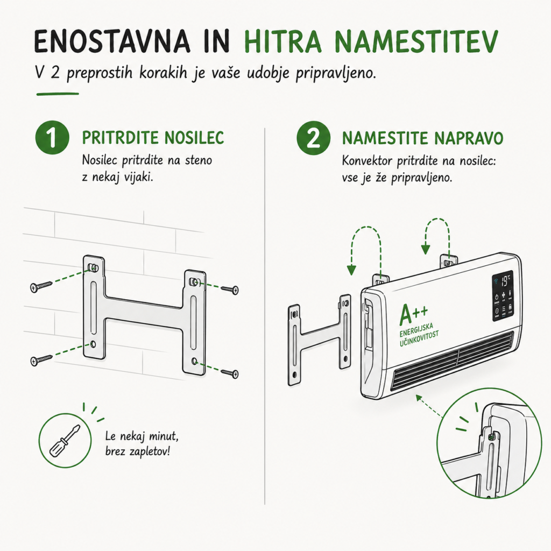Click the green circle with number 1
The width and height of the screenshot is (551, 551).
coord(52,138)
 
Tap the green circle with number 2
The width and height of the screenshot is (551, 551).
coord(314,138)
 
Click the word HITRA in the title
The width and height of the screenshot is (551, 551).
coord(282,41)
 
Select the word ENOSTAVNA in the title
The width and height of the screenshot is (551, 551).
coord(112,41)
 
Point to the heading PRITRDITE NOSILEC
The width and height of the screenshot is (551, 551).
coord(153,137)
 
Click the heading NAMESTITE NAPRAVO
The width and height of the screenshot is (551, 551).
coord(422,138)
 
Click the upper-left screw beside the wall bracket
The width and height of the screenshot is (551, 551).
coord(41,286)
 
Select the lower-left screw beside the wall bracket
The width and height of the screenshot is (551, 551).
coord(41,360)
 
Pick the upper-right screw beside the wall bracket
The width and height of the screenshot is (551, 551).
coord(230,289)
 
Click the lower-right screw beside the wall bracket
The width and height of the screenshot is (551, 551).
coord(230,373)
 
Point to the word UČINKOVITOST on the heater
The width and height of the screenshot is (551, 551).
coord(419,338)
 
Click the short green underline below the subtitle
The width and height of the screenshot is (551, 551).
coord(58,94)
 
